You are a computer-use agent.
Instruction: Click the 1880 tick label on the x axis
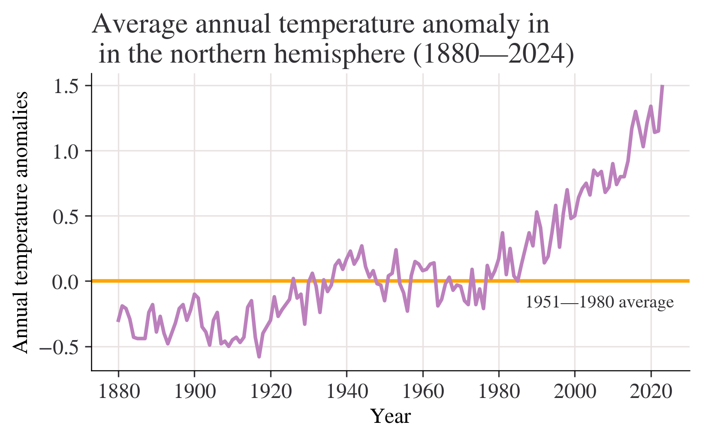tap(119, 392)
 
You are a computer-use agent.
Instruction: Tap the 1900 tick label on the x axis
tap(195, 392)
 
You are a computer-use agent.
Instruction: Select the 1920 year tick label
tap(271, 392)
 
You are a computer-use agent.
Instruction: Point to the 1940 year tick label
tap(347, 392)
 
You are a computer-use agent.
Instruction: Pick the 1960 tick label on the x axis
tap(423, 392)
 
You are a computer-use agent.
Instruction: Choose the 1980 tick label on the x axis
tap(499, 392)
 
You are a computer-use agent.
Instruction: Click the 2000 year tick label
tap(575, 392)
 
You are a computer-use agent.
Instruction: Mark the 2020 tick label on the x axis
tap(651, 392)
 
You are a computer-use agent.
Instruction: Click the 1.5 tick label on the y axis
tap(65, 86)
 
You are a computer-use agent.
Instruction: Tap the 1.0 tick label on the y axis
tap(65, 151)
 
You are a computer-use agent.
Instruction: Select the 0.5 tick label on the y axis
tap(65, 217)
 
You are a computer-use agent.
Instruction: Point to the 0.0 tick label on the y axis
tap(65, 282)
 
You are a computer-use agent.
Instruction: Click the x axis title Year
tap(390, 416)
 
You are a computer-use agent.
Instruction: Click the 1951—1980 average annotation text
tap(600, 303)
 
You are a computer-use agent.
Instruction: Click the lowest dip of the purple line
tap(259, 356)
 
